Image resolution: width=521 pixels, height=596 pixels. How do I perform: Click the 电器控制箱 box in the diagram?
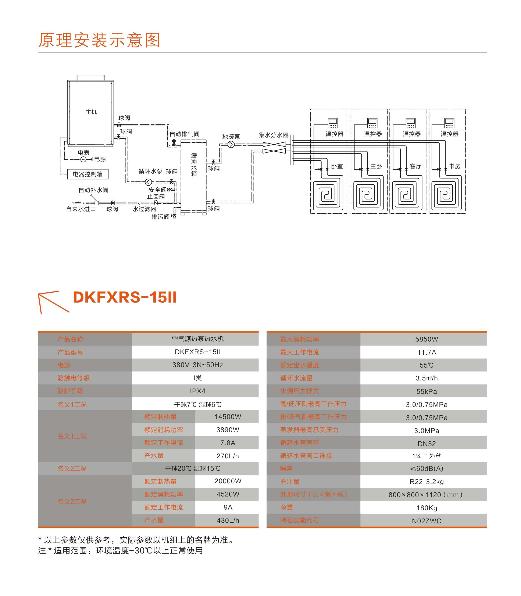pos(88,174)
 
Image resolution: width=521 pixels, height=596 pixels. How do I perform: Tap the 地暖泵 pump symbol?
pos(231,144)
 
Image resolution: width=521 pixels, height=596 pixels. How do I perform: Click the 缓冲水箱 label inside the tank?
pos(194,165)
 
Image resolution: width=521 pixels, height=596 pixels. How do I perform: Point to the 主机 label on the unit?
pos(91,112)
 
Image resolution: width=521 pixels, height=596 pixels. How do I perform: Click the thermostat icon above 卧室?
pos(333,123)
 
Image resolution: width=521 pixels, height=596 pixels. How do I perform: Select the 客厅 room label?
pos(415,166)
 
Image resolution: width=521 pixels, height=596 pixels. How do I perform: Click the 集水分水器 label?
pos(274,135)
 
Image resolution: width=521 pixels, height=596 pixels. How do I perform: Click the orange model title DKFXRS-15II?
pos(125,297)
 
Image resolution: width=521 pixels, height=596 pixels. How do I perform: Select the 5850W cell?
pos(427,339)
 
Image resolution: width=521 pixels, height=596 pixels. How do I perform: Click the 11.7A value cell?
pos(427,352)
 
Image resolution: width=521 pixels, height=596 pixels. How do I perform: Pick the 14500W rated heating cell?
pos(228,417)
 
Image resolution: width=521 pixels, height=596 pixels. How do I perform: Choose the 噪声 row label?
pos(286,469)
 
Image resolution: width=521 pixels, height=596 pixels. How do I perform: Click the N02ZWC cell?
pos(427,521)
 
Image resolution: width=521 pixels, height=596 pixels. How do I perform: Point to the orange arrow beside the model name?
pos(52,302)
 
